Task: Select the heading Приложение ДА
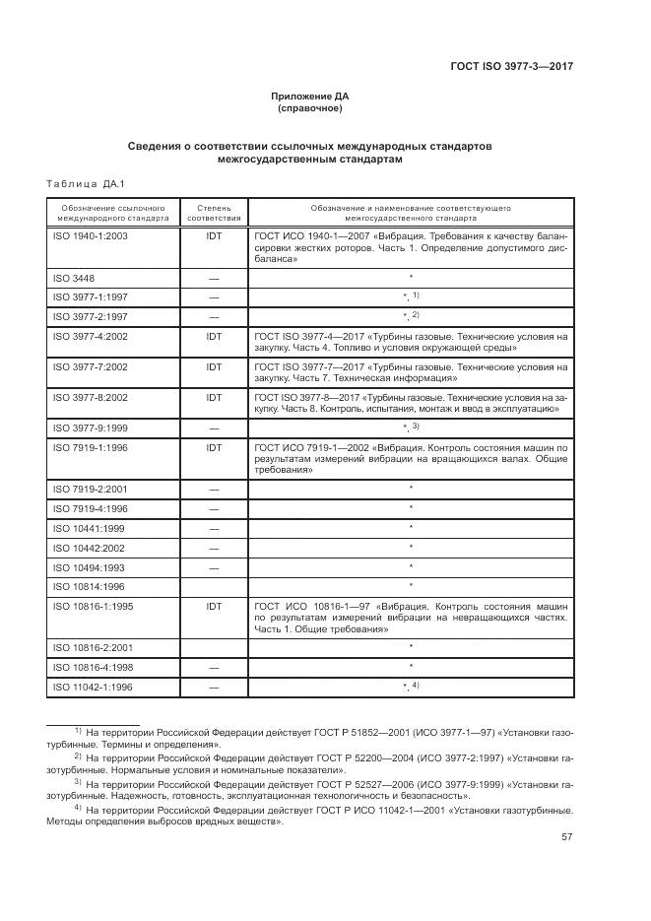pyautogui.click(x=310, y=96)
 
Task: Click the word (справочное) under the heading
pyautogui.click(x=310, y=108)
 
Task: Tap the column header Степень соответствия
pyautogui.click(x=214, y=214)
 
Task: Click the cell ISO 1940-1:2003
pyautogui.click(x=89, y=237)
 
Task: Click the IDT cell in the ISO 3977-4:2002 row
pyautogui.click(x=214, y=336)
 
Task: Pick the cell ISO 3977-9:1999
pyautogui.click(x=89, y=428)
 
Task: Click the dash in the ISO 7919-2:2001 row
pyautogui.click(x=214, y=489)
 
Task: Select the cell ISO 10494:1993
pyautogui.click(x=86, y=566)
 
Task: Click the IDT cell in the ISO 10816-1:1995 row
pyautogui.click(x=214, y=606)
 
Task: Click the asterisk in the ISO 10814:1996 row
pyautogui.click(x=410, y=586)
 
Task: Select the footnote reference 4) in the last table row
pyautogui.click(x=416, y=685)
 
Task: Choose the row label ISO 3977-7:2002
pyautogui.click(x=89, y=365)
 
